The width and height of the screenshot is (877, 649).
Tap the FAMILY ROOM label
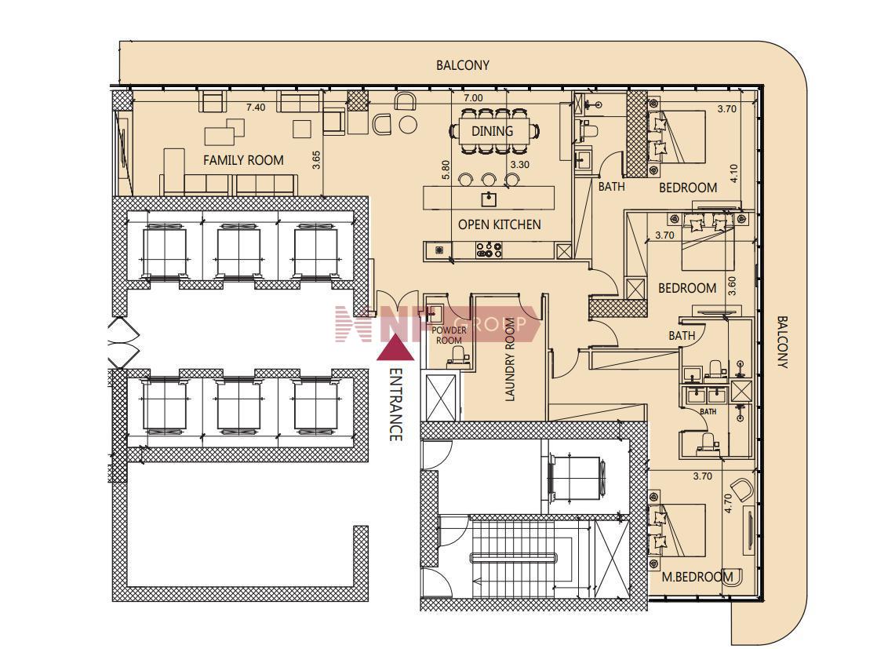point(243,160)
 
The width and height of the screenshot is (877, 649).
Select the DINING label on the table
point(492,131)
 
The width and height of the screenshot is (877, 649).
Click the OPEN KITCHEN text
point(500,224)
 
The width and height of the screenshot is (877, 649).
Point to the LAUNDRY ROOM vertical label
point(510,359)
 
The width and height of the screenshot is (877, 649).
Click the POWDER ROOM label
point(449,335)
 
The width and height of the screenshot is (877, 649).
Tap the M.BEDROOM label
point(697,577)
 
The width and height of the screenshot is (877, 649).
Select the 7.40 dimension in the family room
point(256,108)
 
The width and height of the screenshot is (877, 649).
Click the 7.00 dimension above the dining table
point(473,97)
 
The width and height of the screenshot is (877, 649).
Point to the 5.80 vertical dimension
point(446,170)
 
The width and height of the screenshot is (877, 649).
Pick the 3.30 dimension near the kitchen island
point(520,165)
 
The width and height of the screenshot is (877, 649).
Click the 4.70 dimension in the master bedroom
point(728,504)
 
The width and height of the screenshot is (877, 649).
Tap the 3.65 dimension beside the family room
point(316,161)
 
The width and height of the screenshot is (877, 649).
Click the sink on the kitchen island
point(489,199)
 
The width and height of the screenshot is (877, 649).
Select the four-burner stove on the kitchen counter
point(489,250)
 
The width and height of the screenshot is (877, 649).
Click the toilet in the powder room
point(459,355)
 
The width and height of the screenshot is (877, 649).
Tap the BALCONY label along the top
point(463,65)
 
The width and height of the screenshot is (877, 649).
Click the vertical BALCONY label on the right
point(782,342)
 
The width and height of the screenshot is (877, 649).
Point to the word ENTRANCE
point(395,404)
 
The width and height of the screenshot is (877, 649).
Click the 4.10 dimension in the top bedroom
point(734,173)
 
